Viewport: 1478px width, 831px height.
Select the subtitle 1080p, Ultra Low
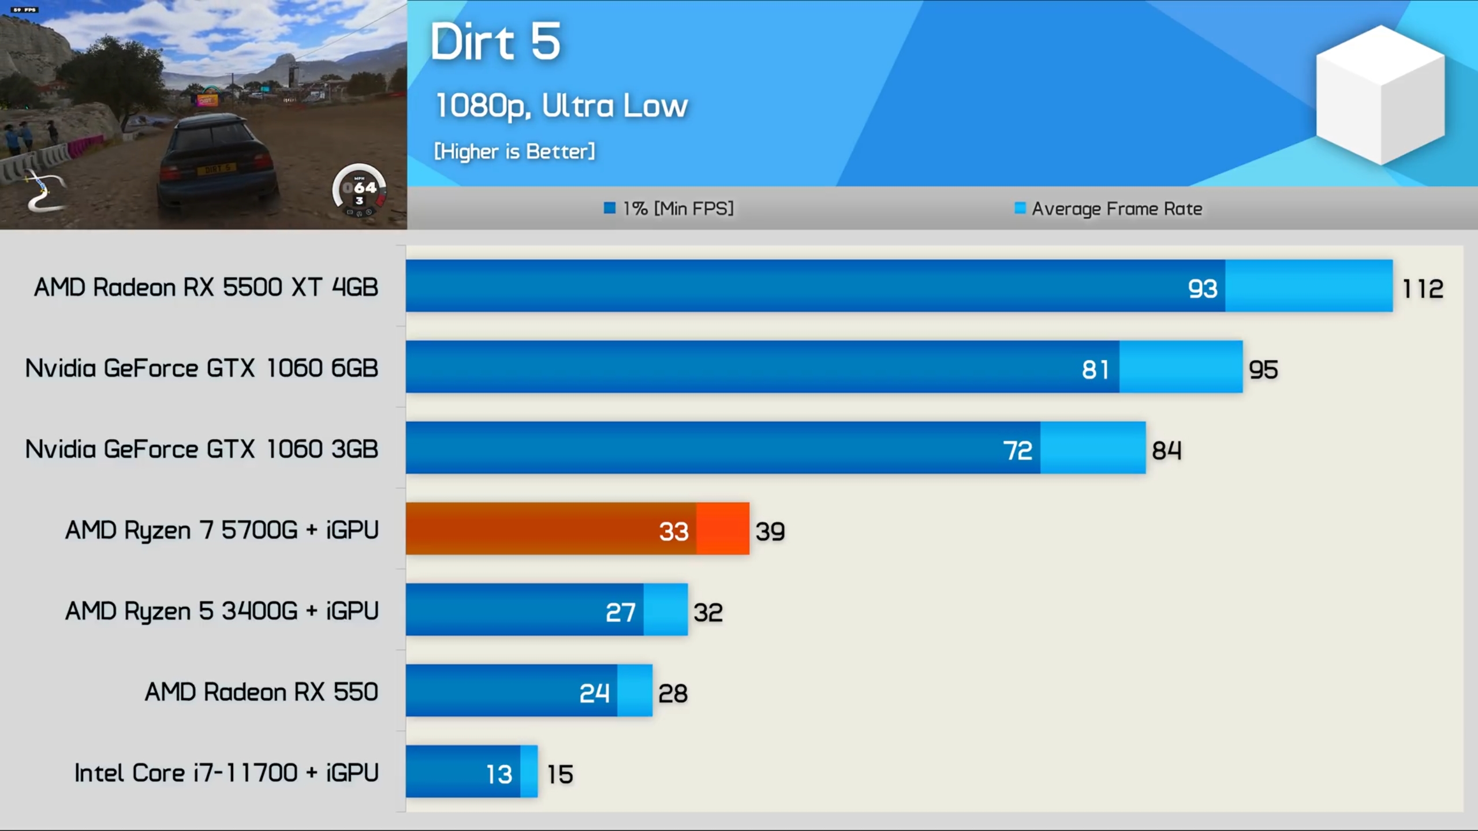pyautogui.click(x=561, y=106)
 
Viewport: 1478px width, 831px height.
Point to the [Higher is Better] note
pyautogui.click(x=514, y=151)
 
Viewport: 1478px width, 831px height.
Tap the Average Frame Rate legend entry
pyautogui.click(x=1108, y=208)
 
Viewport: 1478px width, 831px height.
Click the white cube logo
pyautogui.click(x=1380, y=95)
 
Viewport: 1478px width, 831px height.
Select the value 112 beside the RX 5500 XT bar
pyautogui.click(x=1423, y=289)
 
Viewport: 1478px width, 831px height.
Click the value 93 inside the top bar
pyautogui.click(x=1203, y=289)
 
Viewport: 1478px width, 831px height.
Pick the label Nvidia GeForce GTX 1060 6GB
pyautogui.click(x=201, y=368)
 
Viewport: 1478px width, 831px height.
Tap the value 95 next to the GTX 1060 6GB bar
pyautogui.click(x=1263, y=369)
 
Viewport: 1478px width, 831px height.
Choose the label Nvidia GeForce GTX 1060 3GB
pyautogui.click(x=201, y=449)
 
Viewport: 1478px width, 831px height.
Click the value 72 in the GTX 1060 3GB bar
pyautogui.click(x=1017, y=450)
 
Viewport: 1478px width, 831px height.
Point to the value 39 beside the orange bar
pyautogui.click(x=770, y=531)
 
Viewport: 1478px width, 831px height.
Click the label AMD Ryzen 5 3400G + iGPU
pyautogui.click(x=222, y=611)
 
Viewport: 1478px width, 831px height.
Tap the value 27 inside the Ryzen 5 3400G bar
pyautogui.click(x=621, y=612)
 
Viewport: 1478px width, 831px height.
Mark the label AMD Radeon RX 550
pyautogui.click(x=261, y=692)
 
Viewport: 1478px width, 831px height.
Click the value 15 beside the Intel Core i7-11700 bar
pyautogui.click(x=560, y=774)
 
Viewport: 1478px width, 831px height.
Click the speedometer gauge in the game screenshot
pyautogui.click(x=359, y=190)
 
